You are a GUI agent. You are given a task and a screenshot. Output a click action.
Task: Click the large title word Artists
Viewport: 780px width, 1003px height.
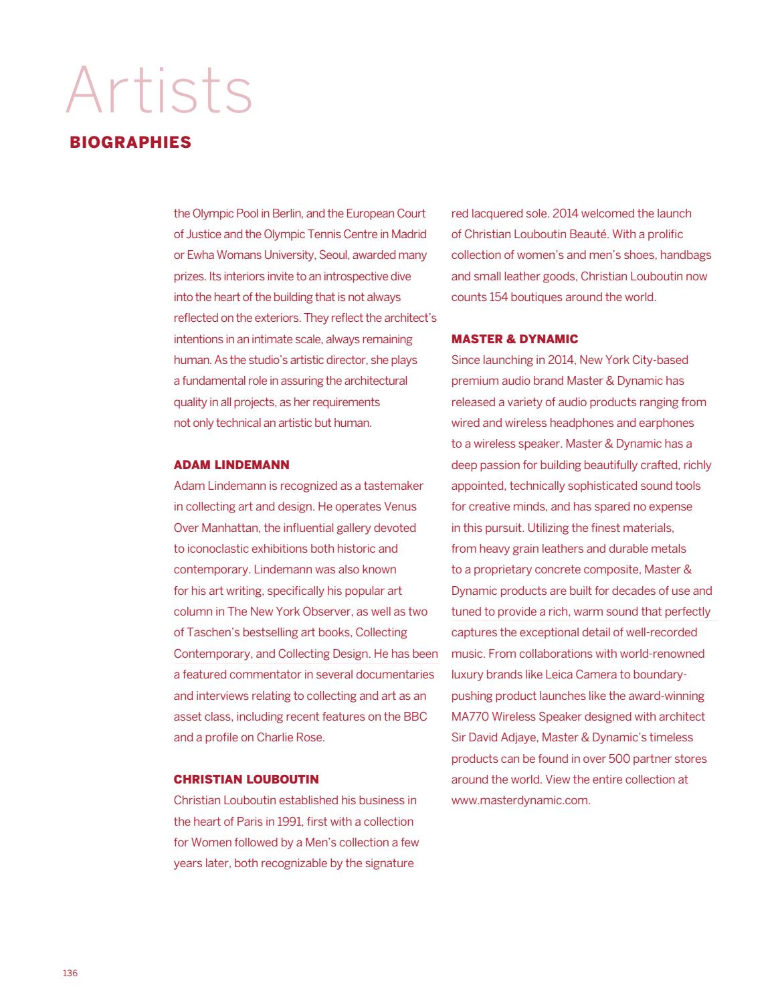coord(159,90)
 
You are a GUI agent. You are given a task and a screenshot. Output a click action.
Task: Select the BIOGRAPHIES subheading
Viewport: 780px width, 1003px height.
coord(130,143)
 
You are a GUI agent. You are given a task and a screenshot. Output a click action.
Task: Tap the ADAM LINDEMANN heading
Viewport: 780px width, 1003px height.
coord(231,464)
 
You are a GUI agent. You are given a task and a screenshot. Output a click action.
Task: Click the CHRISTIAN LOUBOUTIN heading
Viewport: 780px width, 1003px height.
coord(246,779)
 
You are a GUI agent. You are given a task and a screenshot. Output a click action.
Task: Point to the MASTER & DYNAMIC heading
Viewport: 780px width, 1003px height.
coord(514,339)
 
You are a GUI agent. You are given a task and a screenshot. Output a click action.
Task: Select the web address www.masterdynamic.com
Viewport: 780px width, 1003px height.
coord(520,800)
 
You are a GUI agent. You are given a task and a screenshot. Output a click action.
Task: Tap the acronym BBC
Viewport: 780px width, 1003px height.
coord(415,716)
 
